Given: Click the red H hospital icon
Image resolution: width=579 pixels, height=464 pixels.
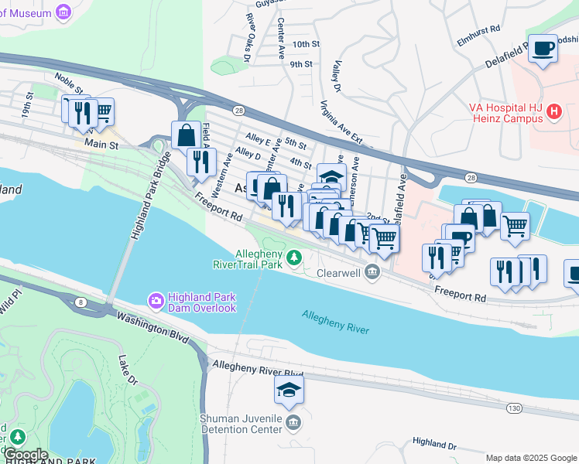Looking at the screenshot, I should pos(553,112).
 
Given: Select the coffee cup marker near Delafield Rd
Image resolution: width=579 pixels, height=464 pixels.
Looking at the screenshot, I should pos(543,49).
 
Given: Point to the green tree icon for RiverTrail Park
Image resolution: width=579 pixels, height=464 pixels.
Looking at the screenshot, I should pos(294,257).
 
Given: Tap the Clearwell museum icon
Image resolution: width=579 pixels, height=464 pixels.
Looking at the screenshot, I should pos(373,271).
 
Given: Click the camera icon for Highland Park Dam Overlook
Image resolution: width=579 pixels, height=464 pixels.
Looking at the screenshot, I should pos(156,299).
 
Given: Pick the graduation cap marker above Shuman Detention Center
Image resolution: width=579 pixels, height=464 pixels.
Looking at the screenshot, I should pos(289,391).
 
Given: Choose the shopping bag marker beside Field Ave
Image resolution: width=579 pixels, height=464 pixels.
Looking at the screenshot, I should pos(187,135).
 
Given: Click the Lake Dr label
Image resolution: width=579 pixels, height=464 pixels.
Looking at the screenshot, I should pos(128,370).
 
